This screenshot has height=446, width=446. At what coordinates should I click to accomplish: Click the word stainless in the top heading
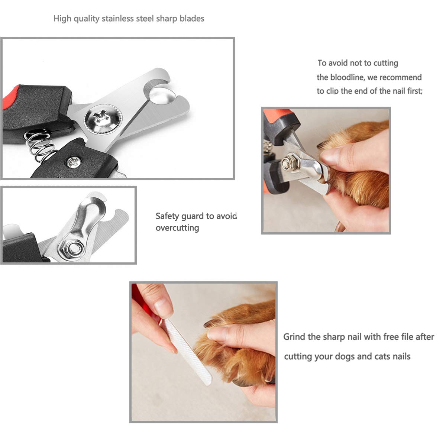click(x=118, y=19)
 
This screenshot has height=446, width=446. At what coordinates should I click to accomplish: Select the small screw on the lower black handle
click(x=73, y=162)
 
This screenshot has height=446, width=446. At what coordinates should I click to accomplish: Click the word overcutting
click(x=177, y=228)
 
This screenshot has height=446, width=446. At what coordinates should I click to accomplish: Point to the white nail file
click(x=188, y=351)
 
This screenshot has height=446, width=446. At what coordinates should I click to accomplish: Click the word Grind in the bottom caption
click(x=294, y=337)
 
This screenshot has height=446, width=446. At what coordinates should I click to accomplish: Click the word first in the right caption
click(x=414, y=91)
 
